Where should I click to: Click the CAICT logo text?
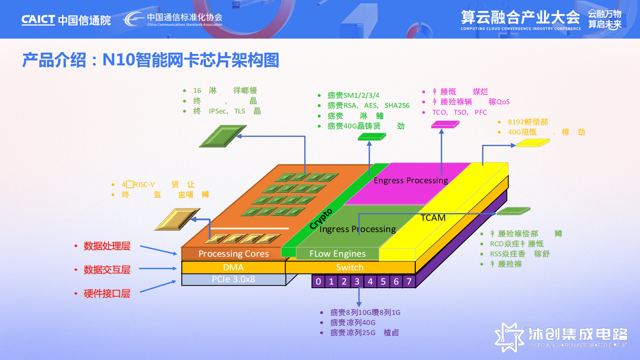coord(38,20)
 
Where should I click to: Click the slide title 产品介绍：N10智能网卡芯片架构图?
coord(150,60)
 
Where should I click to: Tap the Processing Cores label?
coord(233,254)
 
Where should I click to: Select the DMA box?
coord(233,268)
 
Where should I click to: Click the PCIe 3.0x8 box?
coord(233,279)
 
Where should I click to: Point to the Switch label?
coord(350,268)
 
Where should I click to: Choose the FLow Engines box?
coord(337,254)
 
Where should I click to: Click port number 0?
coord(318,281)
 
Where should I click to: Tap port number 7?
coord(409,281)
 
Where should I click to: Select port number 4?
coord(370,281)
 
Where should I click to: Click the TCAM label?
coord(433,218)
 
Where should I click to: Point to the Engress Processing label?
coord(411,180)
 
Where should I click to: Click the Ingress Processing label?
coord(357,229)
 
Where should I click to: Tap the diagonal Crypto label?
coord(321,219)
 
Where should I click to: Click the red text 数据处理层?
coord(107,246)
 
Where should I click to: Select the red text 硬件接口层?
coord(107,294)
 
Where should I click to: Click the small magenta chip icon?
coord(445,125)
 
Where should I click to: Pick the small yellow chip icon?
coord(533,143)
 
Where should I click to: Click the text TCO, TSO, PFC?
coord(459,112)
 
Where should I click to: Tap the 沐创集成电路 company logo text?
coord(578,334)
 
